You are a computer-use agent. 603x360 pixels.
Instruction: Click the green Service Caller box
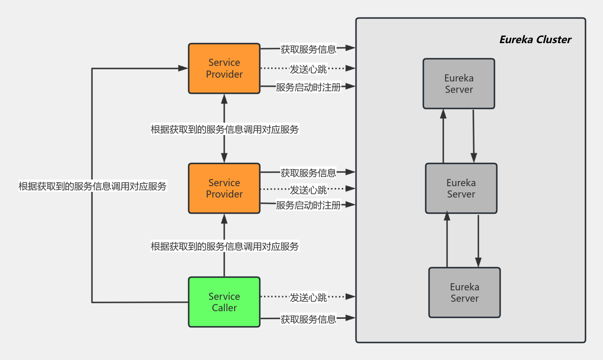click(x=224, y=302)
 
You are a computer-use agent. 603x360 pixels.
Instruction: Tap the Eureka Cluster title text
click(x=535, y=40)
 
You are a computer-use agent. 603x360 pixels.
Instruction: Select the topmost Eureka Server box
click(x=458, y=84)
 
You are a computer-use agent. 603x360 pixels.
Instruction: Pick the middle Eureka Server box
click(x=461, y=188)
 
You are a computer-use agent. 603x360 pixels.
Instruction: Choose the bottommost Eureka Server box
click(x=464, y=292)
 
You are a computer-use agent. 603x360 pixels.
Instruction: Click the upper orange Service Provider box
click(x=224, y=69)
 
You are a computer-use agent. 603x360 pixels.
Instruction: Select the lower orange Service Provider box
click(x=224, y=188)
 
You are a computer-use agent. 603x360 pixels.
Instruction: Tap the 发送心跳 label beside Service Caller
click(x=308, y=297)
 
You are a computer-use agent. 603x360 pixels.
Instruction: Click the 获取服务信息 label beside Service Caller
click(x=308, y=319)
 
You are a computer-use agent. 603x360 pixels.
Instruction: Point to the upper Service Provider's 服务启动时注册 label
click(x=308, y=87)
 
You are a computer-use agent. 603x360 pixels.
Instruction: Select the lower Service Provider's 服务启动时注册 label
click(x=308, y=205)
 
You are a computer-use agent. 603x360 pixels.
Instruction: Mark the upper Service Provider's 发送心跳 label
click(x=308, y=69)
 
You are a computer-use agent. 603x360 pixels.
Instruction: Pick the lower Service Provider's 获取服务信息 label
click(x=308, y=172)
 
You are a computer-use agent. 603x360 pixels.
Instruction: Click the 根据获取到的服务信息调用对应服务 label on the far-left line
click(x=92, y=186)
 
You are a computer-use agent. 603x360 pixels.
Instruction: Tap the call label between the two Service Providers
click(x=225, y=129)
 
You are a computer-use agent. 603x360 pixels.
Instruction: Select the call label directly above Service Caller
click(x=225, y=246)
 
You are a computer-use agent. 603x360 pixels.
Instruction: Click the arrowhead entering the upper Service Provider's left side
click(x=183, y=69)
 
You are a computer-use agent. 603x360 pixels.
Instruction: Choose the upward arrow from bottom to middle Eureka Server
click(x=446, y=239)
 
